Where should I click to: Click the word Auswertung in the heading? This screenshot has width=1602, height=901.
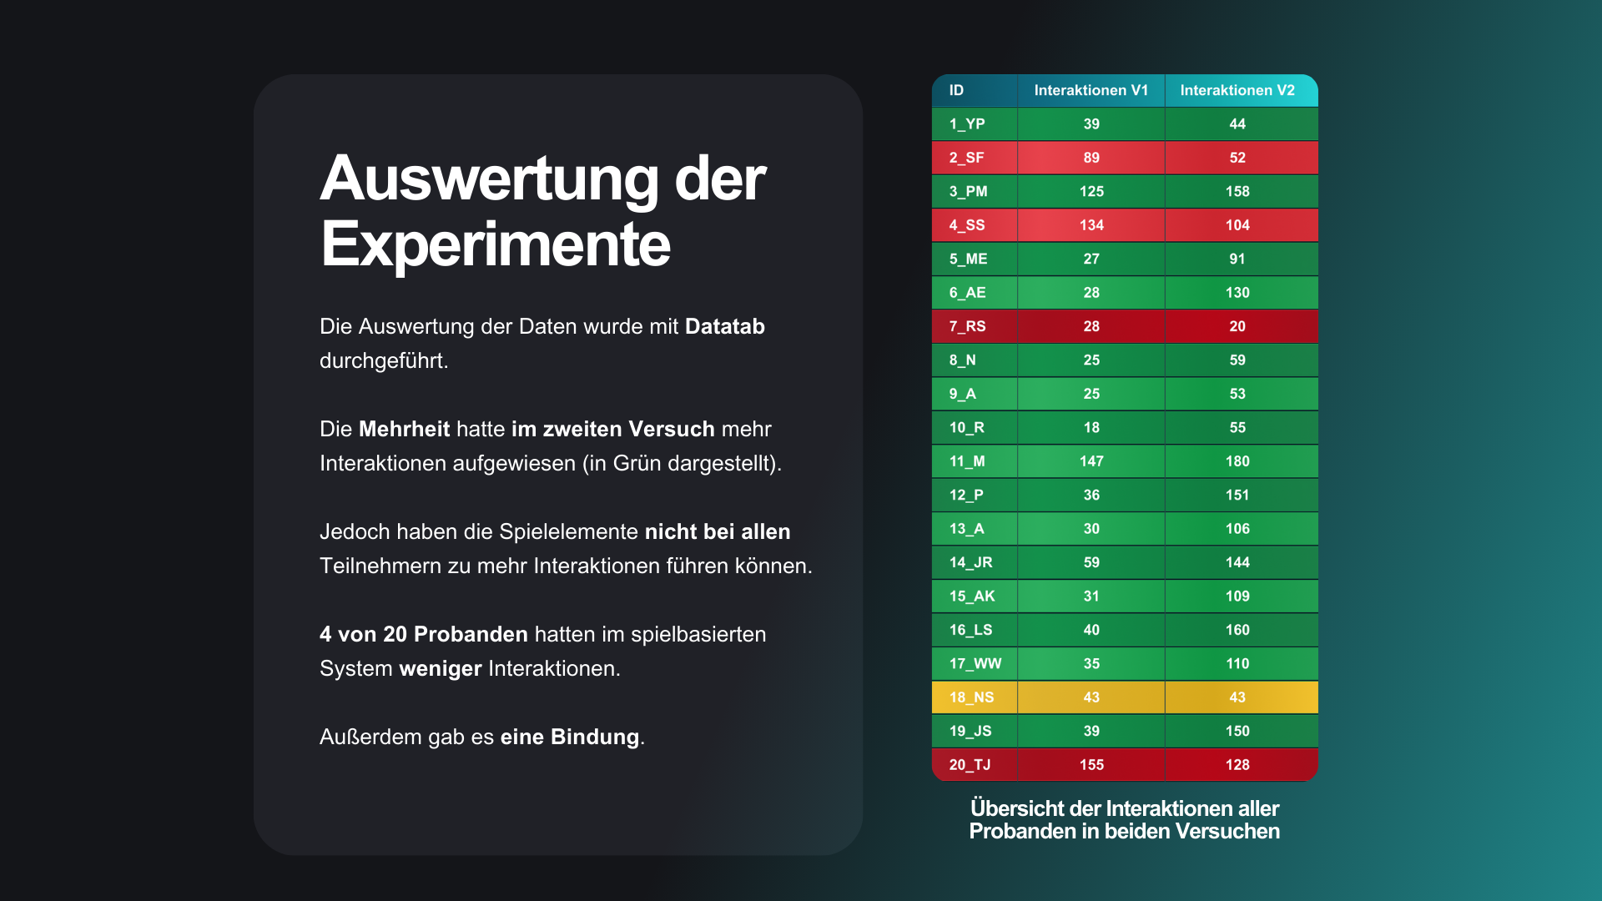point(490,179)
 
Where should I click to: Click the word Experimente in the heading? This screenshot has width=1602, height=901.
point(495,244)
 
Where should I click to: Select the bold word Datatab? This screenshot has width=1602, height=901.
point(724,326)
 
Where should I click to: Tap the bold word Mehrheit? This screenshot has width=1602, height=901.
point(404,429)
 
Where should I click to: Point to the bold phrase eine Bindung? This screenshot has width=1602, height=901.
point(570,737)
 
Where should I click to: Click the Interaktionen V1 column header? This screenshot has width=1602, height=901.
point(1091,90)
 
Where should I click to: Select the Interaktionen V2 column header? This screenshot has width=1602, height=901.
point(1237,90)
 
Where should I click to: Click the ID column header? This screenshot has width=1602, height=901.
point(956,90)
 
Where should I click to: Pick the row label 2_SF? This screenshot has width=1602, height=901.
point(966,158)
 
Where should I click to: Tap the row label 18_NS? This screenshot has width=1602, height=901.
point(971,697)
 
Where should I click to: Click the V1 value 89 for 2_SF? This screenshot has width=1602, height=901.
point(1091,158)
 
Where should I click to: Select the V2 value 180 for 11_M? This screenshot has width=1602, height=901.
point(1237,461)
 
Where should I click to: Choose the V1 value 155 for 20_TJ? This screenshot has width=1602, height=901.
point(1091,765)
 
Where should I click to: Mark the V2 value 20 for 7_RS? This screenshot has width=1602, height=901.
point(1237,326)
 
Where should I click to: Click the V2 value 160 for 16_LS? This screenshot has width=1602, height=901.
point(1237,630)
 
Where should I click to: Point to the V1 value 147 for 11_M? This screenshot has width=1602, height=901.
point(1091,461)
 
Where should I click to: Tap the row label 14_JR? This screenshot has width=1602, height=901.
point(970,562)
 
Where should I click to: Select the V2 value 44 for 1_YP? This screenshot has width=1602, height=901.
point(1237,124)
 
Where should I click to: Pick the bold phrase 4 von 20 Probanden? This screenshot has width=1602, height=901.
point(423,634)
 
